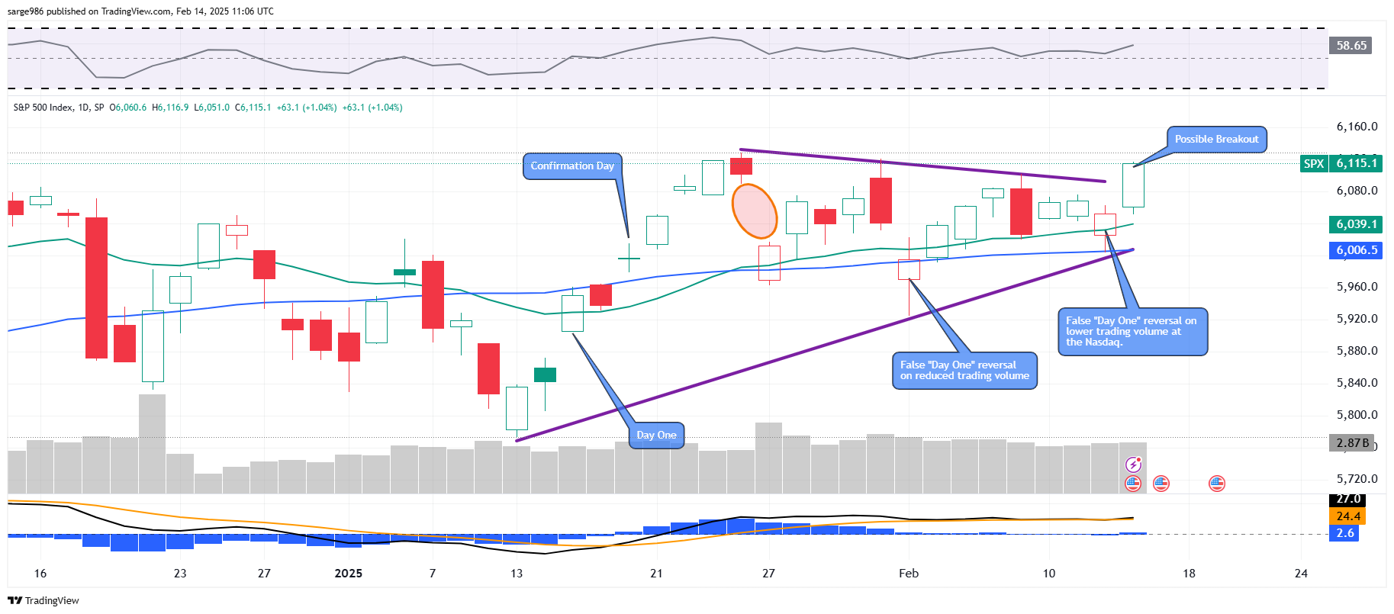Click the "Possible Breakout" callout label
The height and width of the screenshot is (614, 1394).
coord(1216,140)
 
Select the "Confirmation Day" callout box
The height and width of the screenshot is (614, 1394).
coord(572,166)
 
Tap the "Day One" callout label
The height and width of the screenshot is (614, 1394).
coord(656,436)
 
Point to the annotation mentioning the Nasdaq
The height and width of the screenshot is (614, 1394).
coord(1132,332)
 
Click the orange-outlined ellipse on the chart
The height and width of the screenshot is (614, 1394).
coord(754,211)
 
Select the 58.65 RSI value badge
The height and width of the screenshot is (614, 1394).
coord(1351,46)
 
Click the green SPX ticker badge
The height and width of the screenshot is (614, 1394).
coord(1313,163)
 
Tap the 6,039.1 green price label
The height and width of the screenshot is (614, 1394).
coord(1356,224)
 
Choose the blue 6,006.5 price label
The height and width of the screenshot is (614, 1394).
coord(1356,250)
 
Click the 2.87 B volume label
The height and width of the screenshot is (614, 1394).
coord(1351,443)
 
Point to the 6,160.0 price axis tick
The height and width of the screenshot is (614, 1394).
coord(1357,127)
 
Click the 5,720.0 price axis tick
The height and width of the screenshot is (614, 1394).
coord(1357,479)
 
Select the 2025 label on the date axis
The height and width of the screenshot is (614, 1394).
coord(349,574)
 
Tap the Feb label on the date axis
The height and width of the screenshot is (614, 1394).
coord(909,574)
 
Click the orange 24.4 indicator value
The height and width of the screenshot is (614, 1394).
coord(1348,516)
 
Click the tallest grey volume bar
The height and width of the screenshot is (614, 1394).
coord(152,443)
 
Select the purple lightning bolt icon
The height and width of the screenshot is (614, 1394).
coord(1134,465)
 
